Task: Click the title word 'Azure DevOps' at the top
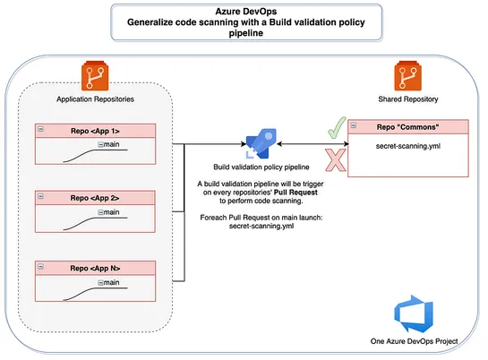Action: [x=244, y=13]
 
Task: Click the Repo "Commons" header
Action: [x=411, y=126]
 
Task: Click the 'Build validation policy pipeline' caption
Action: [x=261, y=167]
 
